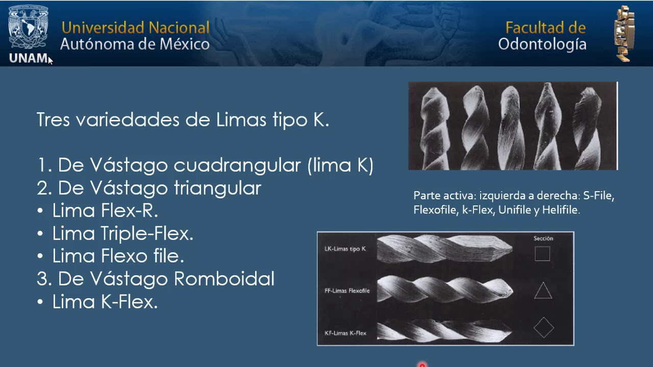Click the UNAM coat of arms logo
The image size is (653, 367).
coord(29,28)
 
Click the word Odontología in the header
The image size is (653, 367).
coord(542,44)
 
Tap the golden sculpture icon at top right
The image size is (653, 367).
coord(624,33)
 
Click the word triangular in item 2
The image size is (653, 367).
coord(217,188)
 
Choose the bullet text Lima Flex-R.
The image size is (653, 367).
coord(105,211)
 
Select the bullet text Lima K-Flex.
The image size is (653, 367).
coord(105,302)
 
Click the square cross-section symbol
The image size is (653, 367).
coord(542,254)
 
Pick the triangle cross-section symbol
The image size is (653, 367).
coord(543,291)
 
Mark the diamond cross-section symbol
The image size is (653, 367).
coord(543,328)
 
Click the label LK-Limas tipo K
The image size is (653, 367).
coord(345,249)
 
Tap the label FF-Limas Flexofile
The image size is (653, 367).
coord(347,291)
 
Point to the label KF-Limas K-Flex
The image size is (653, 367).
coord(345,333)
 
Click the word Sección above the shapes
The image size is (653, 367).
coord(543,238)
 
